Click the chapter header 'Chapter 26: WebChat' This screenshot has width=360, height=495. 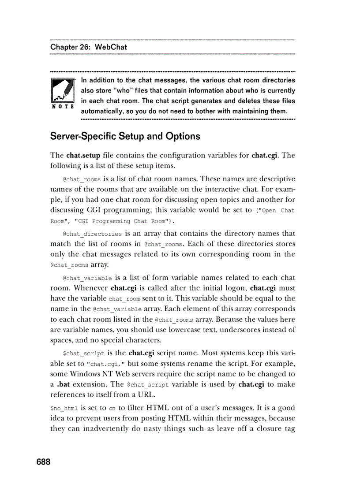click(x=89, y=47)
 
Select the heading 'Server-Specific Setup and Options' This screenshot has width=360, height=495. click(x=125, y=136)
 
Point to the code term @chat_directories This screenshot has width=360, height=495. click(x=92, y=234)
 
